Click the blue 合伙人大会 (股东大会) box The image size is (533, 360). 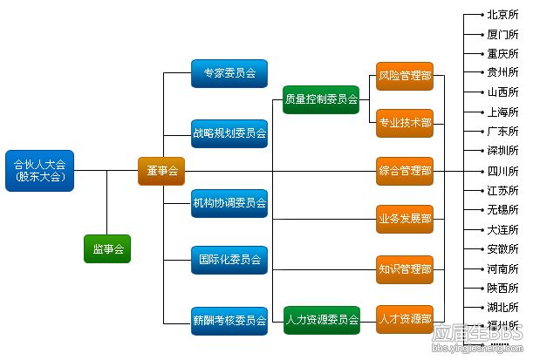40,171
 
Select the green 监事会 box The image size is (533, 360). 107,249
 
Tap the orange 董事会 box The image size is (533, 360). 161,171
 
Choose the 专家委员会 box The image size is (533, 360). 229,74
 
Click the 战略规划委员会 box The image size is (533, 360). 229,133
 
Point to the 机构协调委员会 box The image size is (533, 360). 229,202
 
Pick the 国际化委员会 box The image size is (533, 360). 229,260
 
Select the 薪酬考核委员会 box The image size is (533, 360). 229,320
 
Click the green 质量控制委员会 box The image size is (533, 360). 321,100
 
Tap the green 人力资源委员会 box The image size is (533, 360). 321,320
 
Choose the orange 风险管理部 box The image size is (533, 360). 405,76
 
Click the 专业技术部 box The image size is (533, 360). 405,123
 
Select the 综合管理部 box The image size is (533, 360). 405,171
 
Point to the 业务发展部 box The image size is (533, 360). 405,219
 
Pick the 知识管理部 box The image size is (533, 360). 405,268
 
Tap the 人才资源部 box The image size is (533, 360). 405,320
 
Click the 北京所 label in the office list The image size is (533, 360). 502,15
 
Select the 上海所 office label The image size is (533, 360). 502,112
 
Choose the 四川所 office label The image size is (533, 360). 502,171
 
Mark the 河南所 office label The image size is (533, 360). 502,268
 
